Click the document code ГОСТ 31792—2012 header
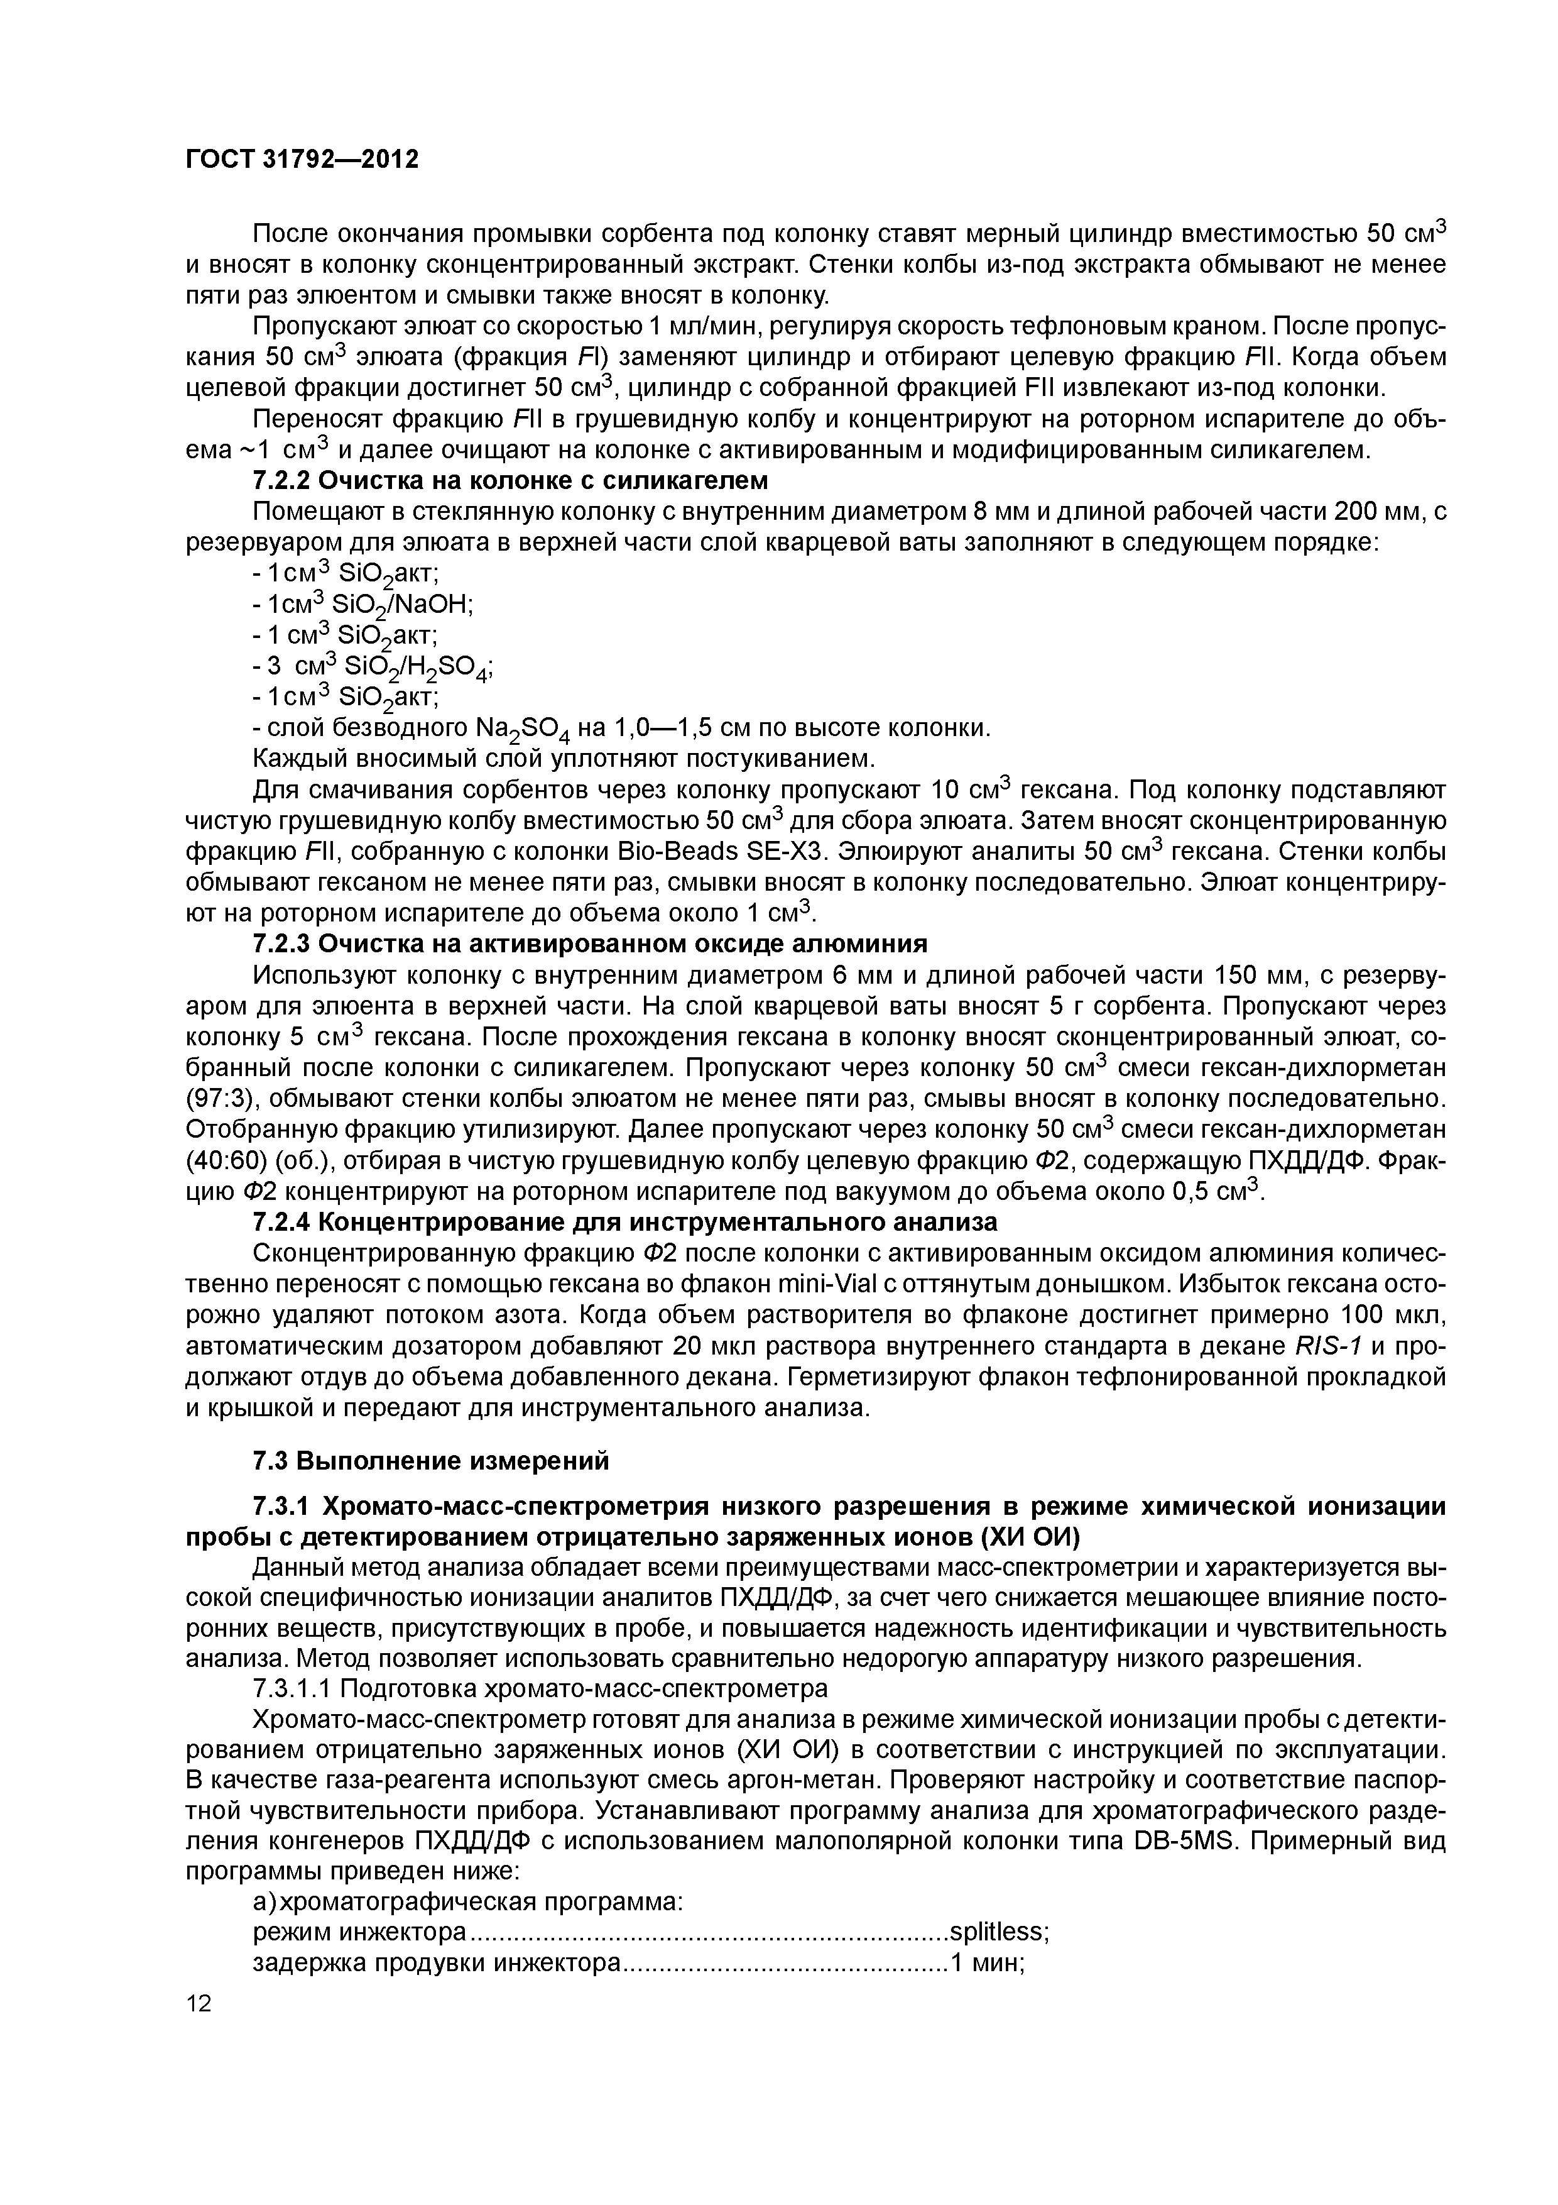[x=302, y=160]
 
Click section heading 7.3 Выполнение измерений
[x=430, y=1461]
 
